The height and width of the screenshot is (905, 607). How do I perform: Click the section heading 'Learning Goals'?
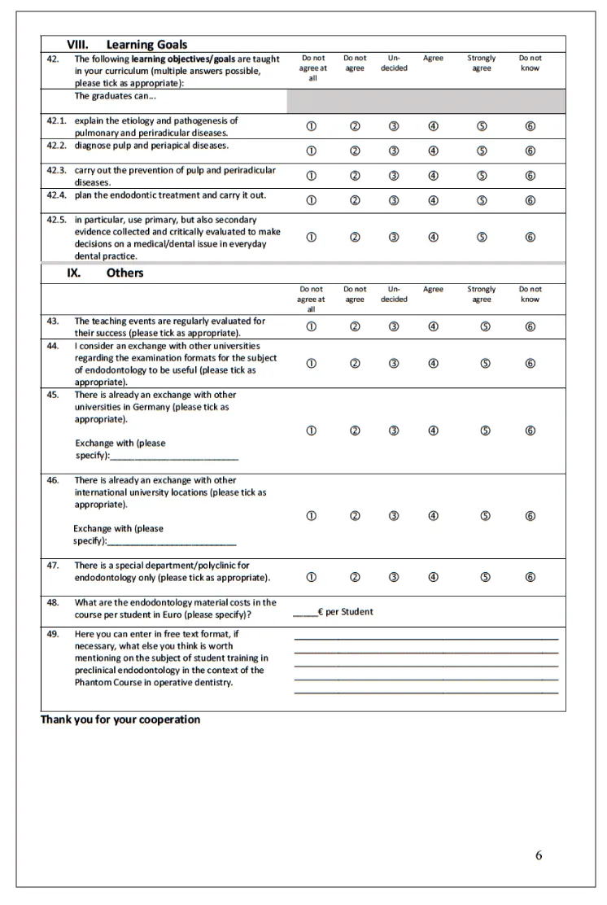click(146, 45)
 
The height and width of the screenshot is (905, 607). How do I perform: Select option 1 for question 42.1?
click(312, 126)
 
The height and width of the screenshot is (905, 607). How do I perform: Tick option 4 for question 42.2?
click(434, 151)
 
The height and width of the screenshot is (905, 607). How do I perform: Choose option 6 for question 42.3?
click(530, 176)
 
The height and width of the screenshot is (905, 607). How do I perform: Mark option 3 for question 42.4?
click(394, 201)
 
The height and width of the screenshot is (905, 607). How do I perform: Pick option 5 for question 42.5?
click(482, 238)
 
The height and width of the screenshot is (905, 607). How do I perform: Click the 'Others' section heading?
click(124, 273)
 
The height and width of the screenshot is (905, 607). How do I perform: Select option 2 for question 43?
click(355, 327)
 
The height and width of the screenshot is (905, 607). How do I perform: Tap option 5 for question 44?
click(485, 364)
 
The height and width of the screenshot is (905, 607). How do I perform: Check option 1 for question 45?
click(312, 431)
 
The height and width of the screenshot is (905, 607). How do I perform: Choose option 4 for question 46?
click(434, 516)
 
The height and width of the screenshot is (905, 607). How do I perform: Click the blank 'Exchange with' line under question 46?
click(172, 542)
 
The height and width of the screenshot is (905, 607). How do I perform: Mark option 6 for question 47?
click(530, 578)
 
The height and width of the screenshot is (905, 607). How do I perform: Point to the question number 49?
click(53, 634)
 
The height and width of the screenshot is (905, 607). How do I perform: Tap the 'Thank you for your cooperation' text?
click(120, 719)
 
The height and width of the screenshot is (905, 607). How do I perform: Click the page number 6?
click(539, 855)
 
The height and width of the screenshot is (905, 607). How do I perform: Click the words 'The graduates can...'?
click(116, 96)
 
